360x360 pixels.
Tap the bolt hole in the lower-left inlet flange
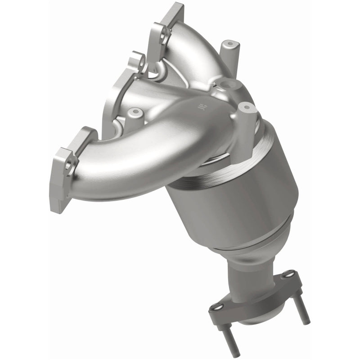(x=68, y=165)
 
